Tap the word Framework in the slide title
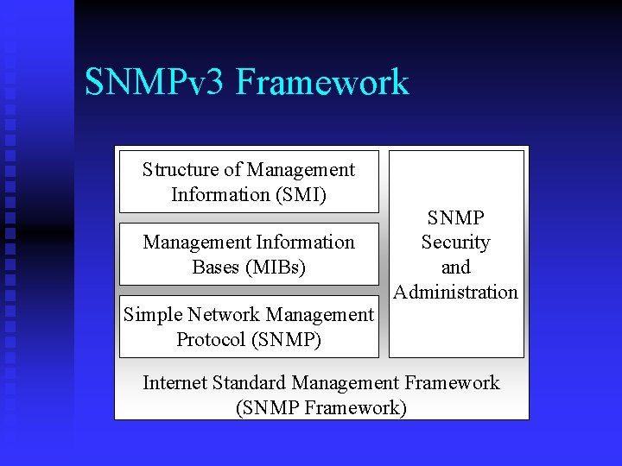click(321, 83)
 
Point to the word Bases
click(217, 267)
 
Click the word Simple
click(152, 315)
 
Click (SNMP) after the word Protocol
click(287, 339)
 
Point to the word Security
click(455, 243)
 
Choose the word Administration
click(455, 292)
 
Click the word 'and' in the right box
click(455, 268)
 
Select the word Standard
click(250, 382)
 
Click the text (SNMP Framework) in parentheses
click(321, 406)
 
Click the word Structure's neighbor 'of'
click(232, 170)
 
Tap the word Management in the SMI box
click(301, 170)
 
